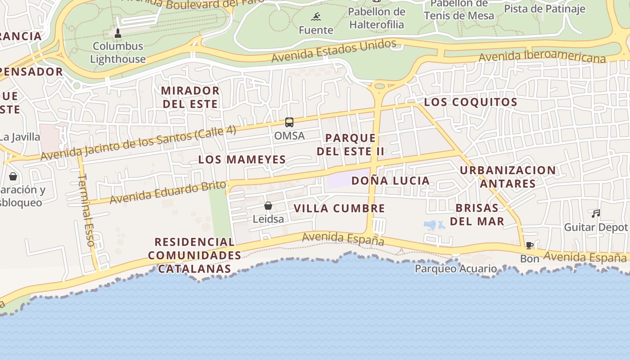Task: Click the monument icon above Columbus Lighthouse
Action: pos(118,33)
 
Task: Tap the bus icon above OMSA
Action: pos(289,122)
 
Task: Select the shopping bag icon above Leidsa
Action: pos(268,206)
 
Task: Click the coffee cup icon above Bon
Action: pos(530,246)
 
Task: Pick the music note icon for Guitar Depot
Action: pos(596,214)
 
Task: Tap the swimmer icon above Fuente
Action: pos(316,17)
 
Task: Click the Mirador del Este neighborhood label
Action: pos(190,97)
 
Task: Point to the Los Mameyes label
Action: pos(242,159)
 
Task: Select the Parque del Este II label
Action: pos(351,144)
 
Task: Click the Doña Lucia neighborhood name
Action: pos(391,181)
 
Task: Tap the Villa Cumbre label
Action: pos(339,208)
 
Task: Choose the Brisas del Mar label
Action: pos(477,215)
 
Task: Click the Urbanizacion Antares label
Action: pos(508,177)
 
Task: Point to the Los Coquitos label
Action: pos(471,102)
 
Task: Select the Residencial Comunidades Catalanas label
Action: pos(194,256)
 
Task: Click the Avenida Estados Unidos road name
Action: pos(334,50)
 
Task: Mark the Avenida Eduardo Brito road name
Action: pos(167,192)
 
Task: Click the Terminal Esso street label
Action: pos(86,210)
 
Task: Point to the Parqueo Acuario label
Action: pos(456,269)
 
